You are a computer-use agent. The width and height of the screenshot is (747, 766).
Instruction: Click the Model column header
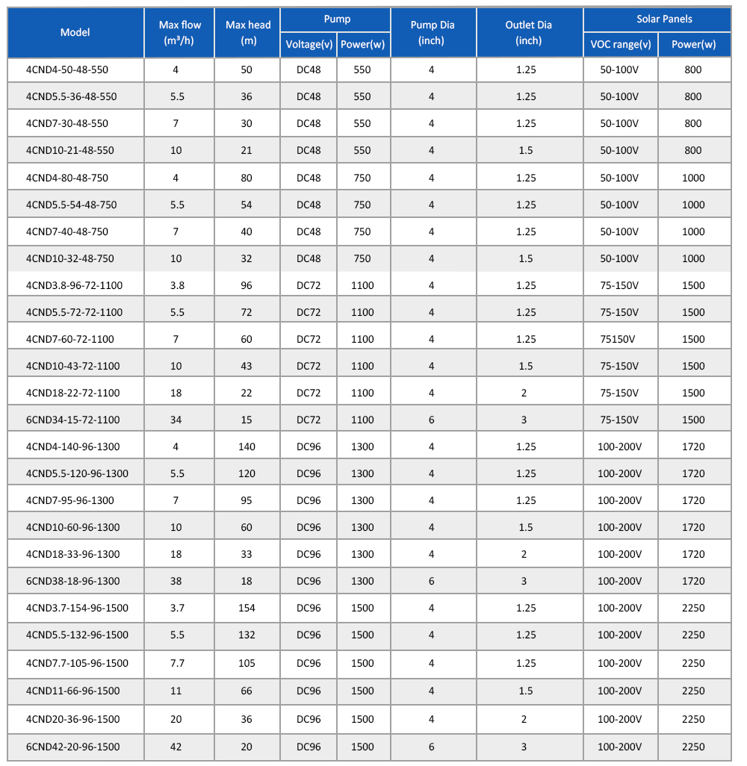tap(75, 32)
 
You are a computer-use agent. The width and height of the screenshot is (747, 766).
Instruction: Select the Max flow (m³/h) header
tap(179, 33)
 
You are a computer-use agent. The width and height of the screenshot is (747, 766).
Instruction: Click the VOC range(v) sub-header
tap(620, 45)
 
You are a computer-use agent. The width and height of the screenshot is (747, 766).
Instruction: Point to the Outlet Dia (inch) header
tap(528, 33)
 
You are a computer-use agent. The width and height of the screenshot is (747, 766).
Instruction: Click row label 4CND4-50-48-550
tap(67, 69)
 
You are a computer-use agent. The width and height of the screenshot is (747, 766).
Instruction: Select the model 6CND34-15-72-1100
tap(72, 420)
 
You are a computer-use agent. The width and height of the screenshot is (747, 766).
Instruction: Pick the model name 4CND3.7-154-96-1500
tap(77, 608)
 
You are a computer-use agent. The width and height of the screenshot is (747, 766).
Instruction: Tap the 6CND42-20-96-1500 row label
tap(72, 747)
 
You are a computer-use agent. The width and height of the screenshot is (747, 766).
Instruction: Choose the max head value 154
tap(247, 608)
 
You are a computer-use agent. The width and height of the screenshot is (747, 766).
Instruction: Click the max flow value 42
tap(176, 747)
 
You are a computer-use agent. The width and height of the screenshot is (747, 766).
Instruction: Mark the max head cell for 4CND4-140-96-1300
tap(247, 446)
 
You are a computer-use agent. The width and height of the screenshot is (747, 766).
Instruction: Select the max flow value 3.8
tap(177, 285)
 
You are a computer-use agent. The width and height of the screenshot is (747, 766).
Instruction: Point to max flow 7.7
tap(177, 663)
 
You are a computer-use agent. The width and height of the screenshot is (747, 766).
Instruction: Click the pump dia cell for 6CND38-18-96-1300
tap(432, 581)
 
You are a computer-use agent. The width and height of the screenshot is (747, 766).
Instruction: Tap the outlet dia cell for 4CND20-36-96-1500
tap(524, 719)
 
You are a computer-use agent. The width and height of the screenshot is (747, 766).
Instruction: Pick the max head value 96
tap(247, 285)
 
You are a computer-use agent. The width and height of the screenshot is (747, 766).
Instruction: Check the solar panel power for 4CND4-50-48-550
tap(692, 69)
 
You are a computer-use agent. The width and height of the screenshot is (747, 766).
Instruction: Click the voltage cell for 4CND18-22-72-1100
tap(309, 393)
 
